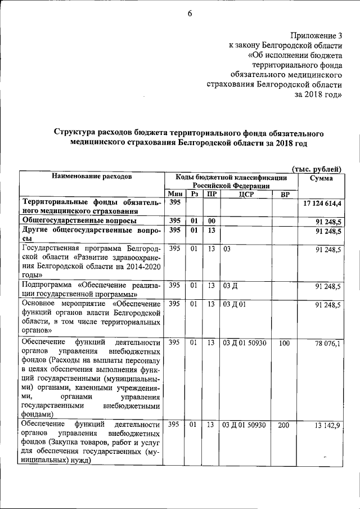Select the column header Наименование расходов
92,177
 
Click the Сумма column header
321,178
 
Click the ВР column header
285,194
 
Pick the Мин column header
175,194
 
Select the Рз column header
195,194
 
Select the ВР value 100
284,343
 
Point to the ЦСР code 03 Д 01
235,304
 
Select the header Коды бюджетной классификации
236,177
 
